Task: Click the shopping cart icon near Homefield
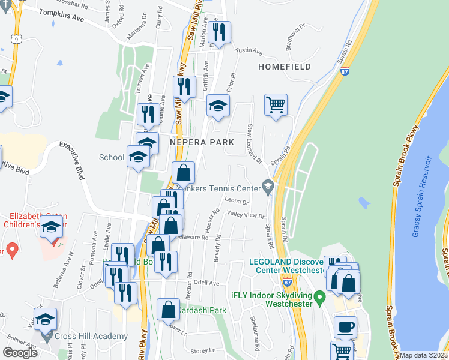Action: (276, 105)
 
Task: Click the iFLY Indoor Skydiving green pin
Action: (320, 296)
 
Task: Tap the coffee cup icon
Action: (345, 328)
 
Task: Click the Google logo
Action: (20, 352)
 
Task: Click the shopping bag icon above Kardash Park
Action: (169, 310)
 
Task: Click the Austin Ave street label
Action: (248, 51)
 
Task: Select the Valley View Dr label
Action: (245, 215)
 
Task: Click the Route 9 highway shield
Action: (13, 39)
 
